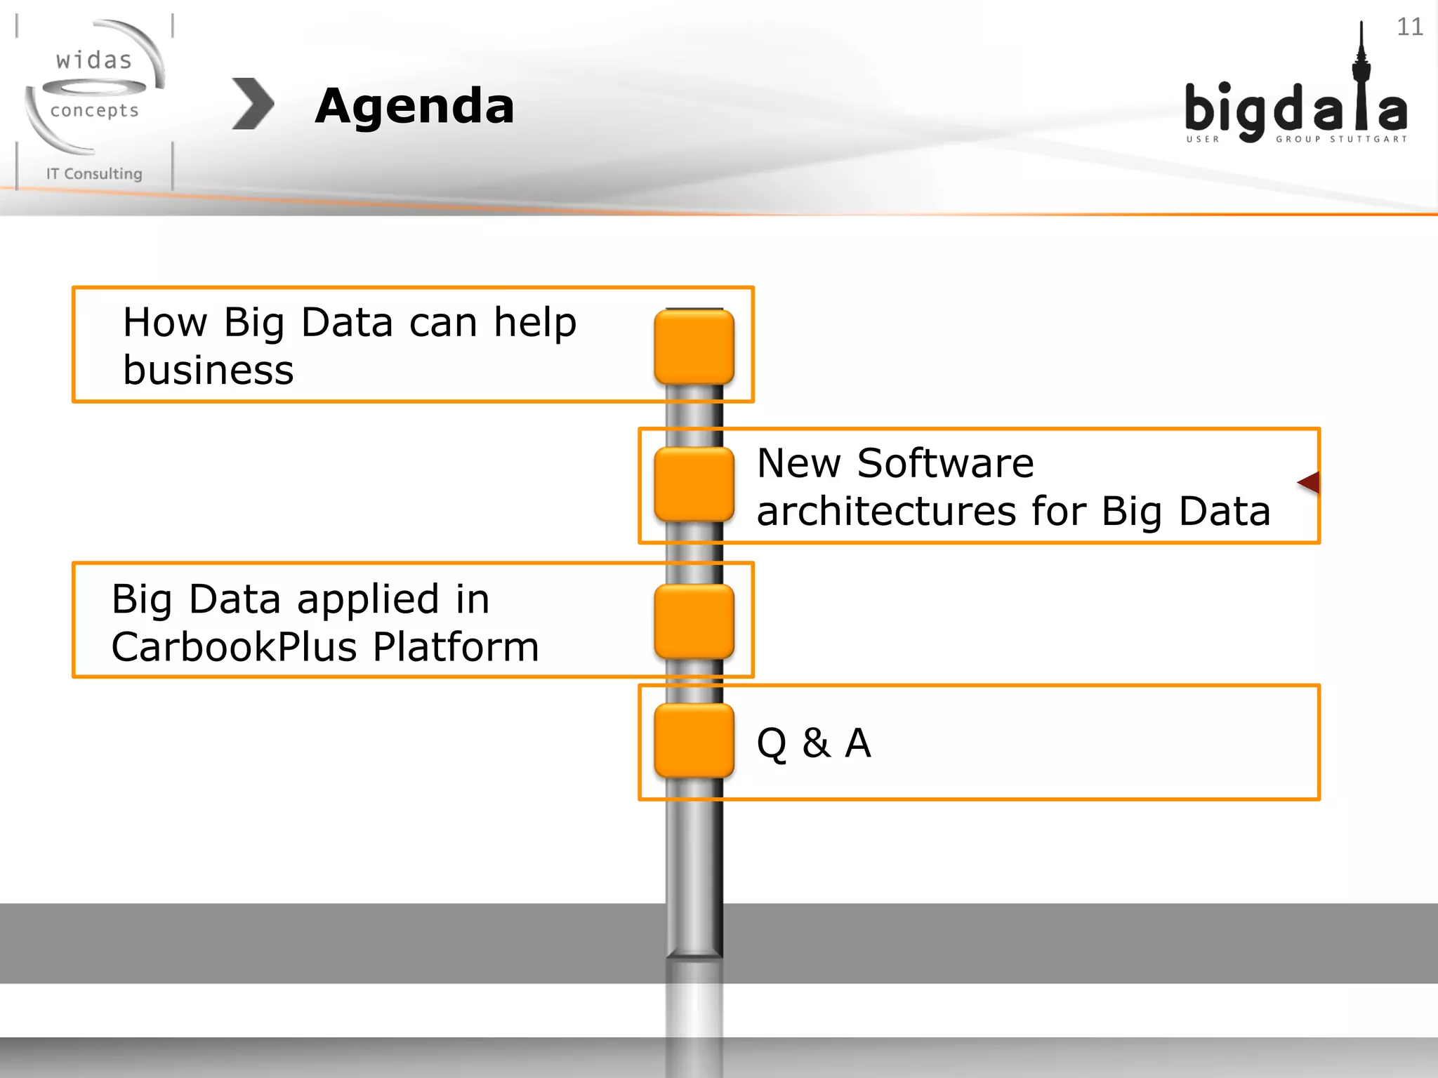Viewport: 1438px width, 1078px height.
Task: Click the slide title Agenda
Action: coord(414,107)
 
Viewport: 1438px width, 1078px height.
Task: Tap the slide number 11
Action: coord(1409,27)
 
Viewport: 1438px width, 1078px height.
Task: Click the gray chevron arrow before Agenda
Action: coord(253,104)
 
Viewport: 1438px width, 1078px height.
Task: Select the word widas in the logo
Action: coord(94,60)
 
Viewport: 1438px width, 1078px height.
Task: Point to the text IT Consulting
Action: coord(94,173)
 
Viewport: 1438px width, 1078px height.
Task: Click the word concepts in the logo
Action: coord(94,111)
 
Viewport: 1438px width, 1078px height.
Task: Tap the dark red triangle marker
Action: coord(1310,483)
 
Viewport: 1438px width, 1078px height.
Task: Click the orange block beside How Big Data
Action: coord(694,347)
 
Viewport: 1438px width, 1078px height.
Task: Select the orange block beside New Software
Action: coord(694,484)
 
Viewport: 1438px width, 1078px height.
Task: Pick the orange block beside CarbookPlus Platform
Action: coord(694,621)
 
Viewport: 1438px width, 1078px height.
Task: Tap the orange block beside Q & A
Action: coord(694,741)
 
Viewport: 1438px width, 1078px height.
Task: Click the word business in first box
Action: coord(208,371)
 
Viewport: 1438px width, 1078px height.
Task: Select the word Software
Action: coord(945,463)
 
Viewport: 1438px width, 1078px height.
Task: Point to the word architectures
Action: coord(886,511)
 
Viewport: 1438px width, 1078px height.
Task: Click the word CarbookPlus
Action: coord(236,647)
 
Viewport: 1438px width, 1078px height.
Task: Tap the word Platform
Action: coord(455,647)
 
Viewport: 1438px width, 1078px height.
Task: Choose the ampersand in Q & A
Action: coord(816,743)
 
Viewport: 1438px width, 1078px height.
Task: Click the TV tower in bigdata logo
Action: coord(1361,77)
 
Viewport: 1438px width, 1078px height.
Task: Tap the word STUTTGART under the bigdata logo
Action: coord(1368,139)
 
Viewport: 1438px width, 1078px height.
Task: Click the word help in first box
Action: coord(535,323)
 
